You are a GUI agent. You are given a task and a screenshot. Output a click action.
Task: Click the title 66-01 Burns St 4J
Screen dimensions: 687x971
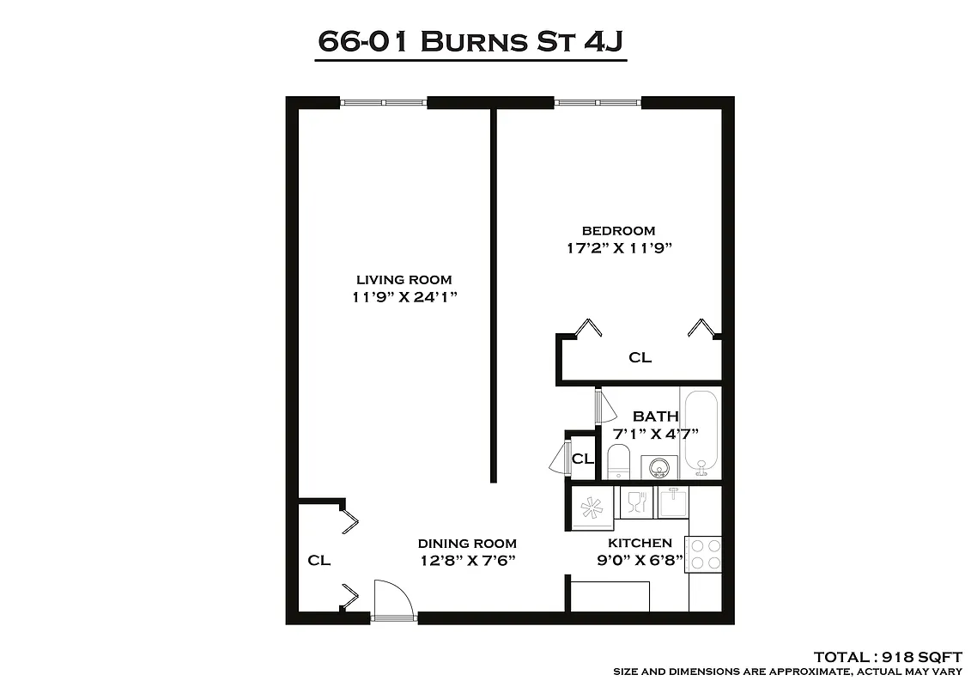pos(471,41)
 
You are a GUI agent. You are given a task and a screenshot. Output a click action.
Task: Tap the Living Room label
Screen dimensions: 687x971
pos(404,279)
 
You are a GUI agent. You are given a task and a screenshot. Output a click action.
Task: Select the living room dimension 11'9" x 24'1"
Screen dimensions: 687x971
pos(404,298)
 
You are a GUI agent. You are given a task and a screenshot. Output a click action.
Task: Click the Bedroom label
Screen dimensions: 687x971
pos(618,230)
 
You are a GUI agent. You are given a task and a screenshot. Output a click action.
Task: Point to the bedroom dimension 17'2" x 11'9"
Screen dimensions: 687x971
pos(618,249)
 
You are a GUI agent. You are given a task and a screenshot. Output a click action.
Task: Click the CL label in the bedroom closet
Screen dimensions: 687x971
pos(640,357)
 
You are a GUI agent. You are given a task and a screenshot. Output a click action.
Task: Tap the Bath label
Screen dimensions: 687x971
pos(655,416)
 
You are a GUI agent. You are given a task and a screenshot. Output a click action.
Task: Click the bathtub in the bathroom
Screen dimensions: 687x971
pos(701,431)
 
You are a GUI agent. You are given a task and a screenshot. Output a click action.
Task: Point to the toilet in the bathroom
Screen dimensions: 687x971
pos(620,463)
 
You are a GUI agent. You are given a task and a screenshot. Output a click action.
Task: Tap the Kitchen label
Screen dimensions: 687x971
pos(640,543)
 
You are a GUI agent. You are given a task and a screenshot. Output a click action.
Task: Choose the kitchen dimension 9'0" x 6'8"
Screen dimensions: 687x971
pos(640,562)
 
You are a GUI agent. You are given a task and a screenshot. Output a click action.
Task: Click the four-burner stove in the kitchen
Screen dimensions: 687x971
pos(704,554)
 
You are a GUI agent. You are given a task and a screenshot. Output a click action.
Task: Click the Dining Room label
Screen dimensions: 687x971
pos(467,543)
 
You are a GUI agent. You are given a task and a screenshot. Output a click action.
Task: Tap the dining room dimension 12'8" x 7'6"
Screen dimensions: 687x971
pos(468,562)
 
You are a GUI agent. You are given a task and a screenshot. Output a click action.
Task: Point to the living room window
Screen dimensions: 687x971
pos(384,102)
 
